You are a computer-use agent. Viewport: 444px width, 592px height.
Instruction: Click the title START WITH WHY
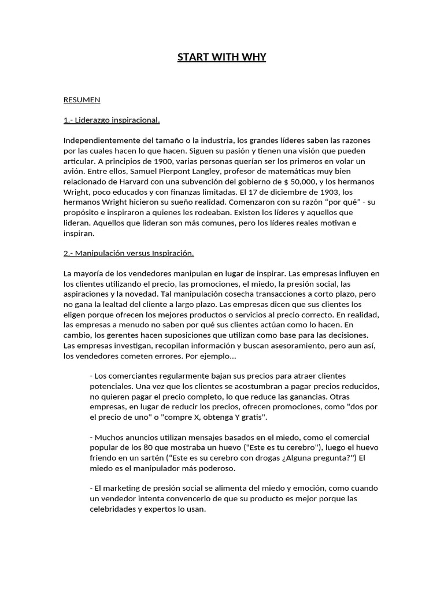pos(221,57)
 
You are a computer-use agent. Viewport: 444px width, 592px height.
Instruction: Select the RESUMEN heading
pos(82,99)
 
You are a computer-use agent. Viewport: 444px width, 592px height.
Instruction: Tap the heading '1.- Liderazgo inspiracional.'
pos(112,120)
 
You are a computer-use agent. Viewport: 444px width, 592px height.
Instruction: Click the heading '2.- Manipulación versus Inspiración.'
pos(128,253)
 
